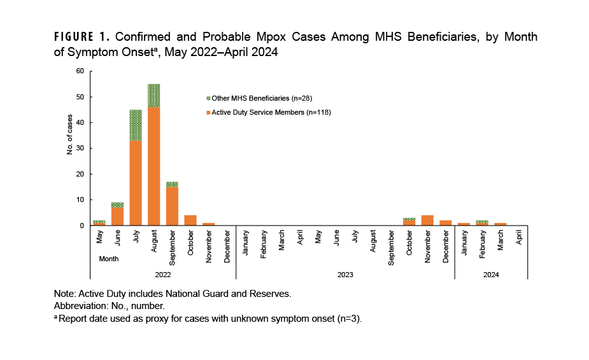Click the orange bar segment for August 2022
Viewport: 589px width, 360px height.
point(153,166)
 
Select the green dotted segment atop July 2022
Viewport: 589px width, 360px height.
point(136,125)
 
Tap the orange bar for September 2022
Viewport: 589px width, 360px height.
point(172,206)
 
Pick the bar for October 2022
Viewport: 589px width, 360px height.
point(190,220)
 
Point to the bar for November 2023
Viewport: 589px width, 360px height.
point(427,220)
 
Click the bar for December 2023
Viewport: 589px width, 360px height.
point(445,223)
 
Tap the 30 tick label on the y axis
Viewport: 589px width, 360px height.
point(80,148)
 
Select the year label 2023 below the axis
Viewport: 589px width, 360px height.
point(345,275)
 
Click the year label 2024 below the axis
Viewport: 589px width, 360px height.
point(490,275)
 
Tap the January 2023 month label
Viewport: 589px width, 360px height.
point(245,242)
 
